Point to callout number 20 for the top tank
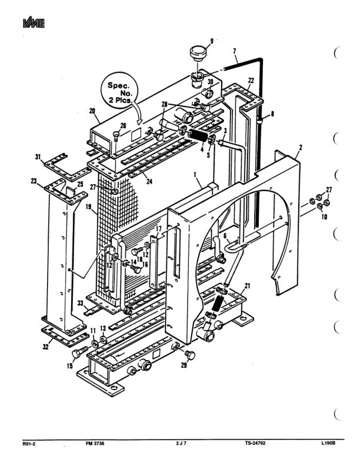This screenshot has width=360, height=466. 92,111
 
